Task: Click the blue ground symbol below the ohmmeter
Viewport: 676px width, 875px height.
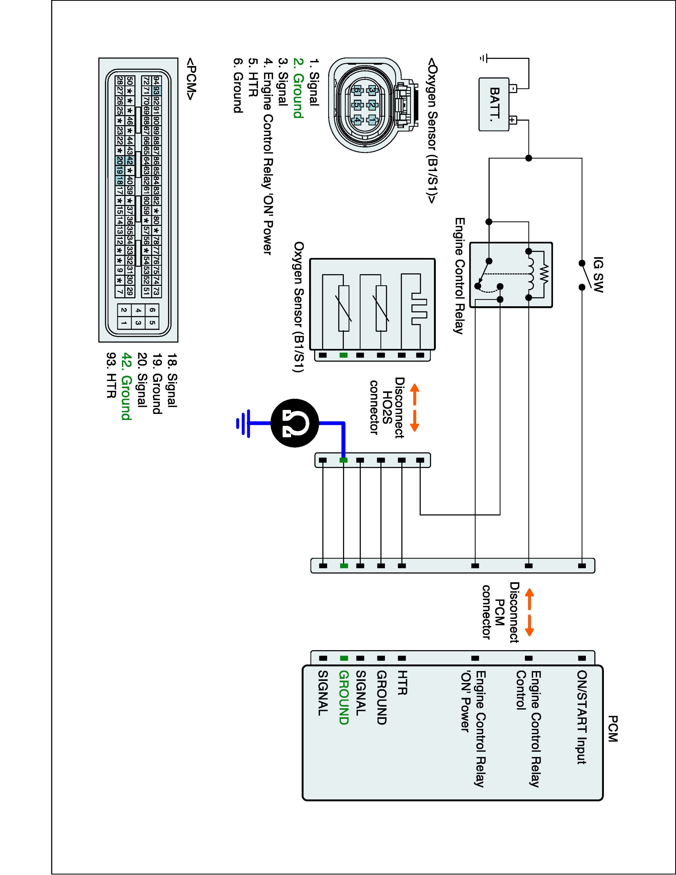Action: coord(244,423)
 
